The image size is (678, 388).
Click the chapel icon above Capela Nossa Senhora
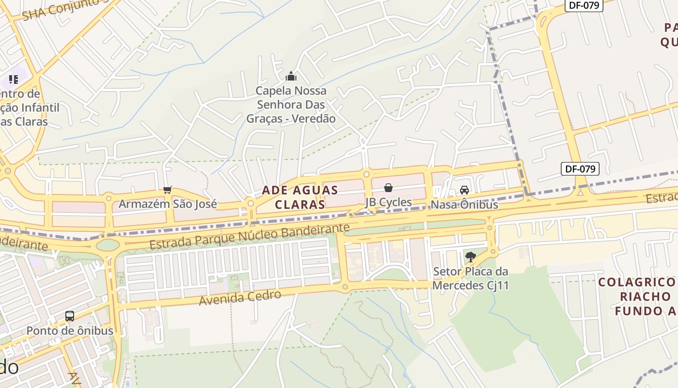(291, 76)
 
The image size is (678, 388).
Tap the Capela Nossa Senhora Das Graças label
(291, 105)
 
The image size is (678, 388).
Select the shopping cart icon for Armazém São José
(168, 190)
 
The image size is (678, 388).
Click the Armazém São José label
(168, 204)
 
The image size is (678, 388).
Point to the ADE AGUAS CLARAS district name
(300, 197)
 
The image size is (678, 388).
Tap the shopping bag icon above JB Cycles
(388, 188)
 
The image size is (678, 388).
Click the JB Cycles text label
(388, 202)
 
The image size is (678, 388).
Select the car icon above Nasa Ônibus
(464, 190)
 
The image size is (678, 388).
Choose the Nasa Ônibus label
(464, 205)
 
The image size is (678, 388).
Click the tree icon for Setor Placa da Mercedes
(470, 257)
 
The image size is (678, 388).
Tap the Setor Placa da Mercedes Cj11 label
(470, 278)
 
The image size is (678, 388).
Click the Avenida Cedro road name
(240, 298)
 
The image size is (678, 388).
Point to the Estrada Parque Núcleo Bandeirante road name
(249, 236)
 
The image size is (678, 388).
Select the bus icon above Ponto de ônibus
(70, 316)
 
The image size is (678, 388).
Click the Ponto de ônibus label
(70, 331)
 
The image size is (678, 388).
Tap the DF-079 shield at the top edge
(584, 5)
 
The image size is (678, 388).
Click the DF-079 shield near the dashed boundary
(580, 169)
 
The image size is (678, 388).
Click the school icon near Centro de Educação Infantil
(14, 79)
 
